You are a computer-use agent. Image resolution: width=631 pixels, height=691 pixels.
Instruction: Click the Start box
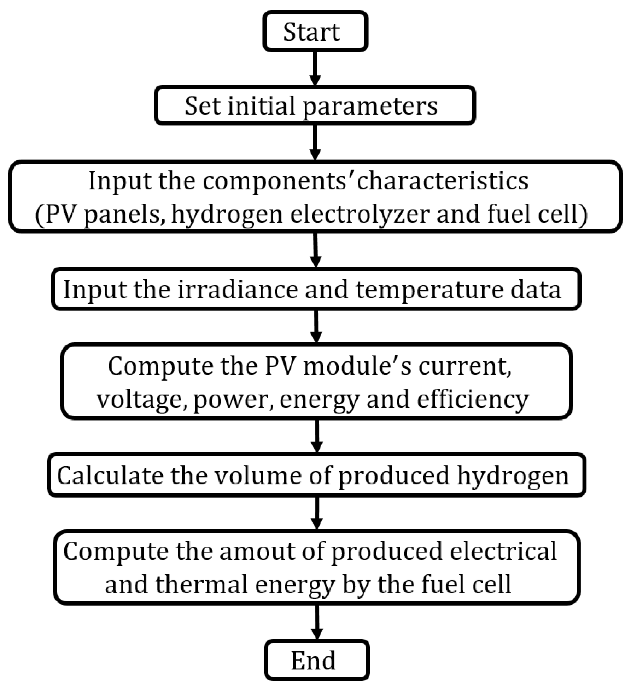coord(315,32)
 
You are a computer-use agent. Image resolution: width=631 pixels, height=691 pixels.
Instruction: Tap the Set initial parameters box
coord(315,105)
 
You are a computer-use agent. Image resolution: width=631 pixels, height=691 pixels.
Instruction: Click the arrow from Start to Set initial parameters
coord(315,68)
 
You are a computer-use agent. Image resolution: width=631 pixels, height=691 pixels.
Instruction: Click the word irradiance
coord(238,290)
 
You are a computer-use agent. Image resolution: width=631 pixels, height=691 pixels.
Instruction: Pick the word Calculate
coord(110,475)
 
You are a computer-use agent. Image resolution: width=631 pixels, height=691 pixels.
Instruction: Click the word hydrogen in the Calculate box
coord(513,475)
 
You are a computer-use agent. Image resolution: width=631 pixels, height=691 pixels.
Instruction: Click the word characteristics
coord(443,181)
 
